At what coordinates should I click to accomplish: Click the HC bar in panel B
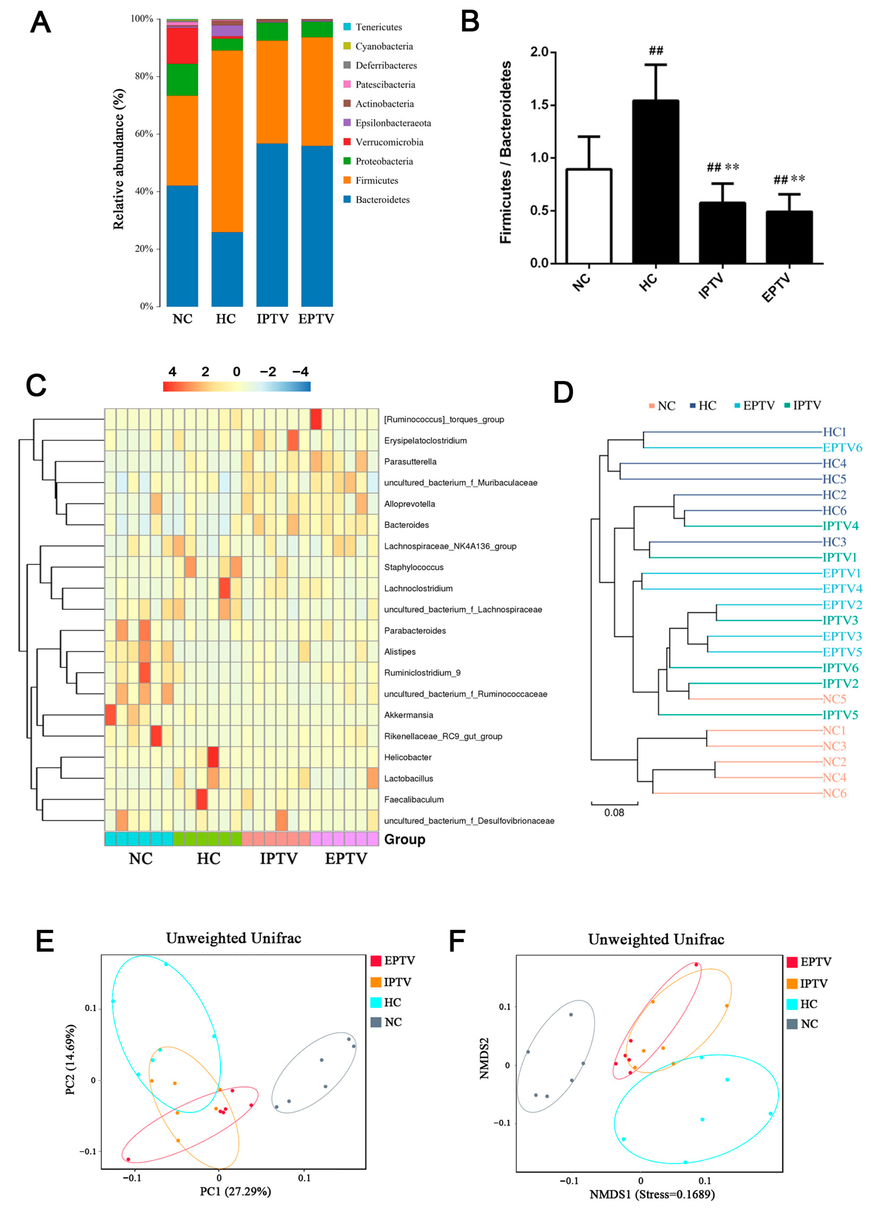point(656,181)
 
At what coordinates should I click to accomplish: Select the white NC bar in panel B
point(589,216)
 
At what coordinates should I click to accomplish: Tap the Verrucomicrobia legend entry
point(389,142)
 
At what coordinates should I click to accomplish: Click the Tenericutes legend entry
point(378,27)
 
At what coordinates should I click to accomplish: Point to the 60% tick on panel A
point(144,133)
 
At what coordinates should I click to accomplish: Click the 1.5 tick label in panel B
point(539,105)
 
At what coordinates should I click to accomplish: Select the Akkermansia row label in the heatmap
point(409,715)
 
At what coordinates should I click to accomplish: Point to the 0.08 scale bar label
point(614,812)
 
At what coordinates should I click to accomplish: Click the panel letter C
point(36,385)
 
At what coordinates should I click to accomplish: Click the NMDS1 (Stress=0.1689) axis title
point(652,1194)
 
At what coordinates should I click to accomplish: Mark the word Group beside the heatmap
point(404,839)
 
